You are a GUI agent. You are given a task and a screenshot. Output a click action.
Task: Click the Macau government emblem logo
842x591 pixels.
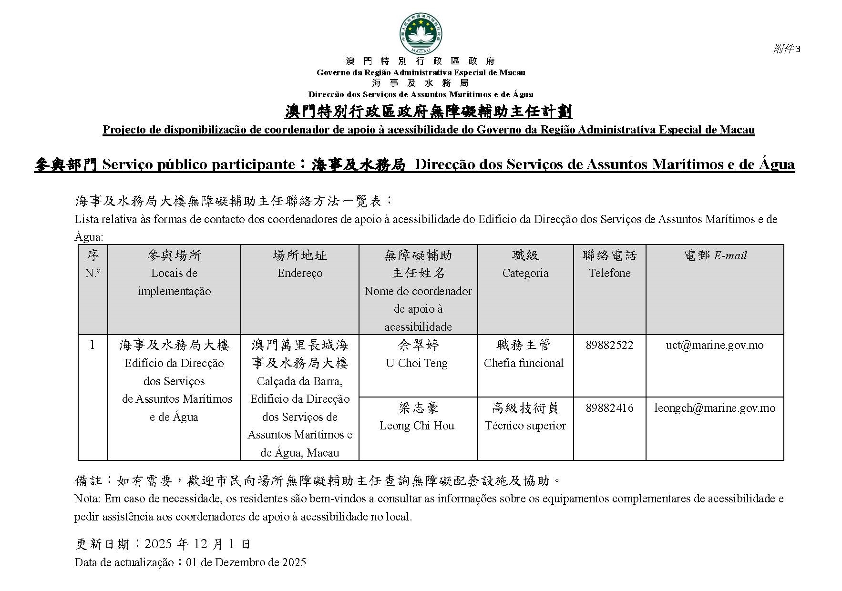pos(421,34)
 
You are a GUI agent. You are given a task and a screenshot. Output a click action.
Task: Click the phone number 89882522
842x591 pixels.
pos(609,345)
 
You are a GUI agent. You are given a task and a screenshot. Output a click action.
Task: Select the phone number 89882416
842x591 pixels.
pos(609,408)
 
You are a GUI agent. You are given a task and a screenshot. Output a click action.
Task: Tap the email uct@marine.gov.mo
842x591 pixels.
pos(714,345)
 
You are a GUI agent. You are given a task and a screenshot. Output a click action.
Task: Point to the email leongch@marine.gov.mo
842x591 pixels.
pos(714,408)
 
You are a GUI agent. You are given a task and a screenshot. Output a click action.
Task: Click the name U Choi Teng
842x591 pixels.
pos(417,363)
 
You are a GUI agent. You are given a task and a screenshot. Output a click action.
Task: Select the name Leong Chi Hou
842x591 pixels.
pos(417,426)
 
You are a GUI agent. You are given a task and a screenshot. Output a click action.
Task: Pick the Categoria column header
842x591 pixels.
pos(525,273)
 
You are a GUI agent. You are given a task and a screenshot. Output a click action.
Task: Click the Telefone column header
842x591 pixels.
pos(609,273)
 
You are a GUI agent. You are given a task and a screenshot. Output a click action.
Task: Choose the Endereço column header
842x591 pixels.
pos(300,273)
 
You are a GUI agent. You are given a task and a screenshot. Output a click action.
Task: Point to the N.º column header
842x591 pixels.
pos(92,273)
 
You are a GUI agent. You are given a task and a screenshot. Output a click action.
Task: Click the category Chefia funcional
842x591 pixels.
pos(524,363)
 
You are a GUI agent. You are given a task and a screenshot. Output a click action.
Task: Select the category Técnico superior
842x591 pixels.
pos(525,426)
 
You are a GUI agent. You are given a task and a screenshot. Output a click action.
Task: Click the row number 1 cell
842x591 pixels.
pos(92,345)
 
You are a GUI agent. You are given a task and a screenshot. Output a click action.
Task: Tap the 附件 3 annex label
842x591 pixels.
pos(786,49)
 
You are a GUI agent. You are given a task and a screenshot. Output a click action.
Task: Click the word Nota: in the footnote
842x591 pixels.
pos(87,499)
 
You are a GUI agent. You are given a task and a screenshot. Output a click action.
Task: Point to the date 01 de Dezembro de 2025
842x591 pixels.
pos(246,562)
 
